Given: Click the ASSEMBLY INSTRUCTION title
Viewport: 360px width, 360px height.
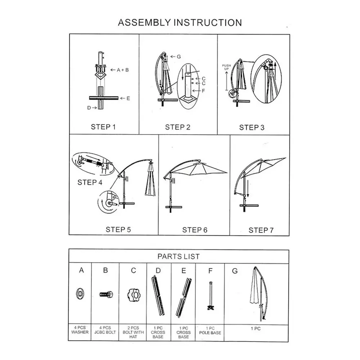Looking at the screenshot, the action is click(x=180, y=23).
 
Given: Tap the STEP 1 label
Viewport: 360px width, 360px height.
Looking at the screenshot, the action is click(x=103, y=127).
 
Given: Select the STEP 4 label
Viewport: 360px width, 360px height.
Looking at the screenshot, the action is click(x=90, y=183).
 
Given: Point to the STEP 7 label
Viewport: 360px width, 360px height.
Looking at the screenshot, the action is click(x=261, y=230).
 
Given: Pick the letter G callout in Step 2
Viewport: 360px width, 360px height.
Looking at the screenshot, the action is click(x=179, y=57).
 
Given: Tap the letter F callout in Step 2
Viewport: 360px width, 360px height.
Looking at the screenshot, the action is click(x=203, y=91).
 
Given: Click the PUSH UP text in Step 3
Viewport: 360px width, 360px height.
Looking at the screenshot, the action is click(x=226, y=67).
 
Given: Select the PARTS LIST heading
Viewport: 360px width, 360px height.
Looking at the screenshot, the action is click(x=179, y=256).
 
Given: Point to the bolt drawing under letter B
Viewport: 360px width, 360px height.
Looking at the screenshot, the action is click(x=106, y=294).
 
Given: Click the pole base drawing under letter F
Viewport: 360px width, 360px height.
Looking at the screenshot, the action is click(x=211, y=296).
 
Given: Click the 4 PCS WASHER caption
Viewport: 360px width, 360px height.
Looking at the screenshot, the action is click(x=80, y=330).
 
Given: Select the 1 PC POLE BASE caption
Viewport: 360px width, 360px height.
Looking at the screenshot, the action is click(x=210, y=330).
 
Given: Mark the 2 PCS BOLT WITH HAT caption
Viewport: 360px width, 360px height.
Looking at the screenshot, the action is click(x=133, y=332).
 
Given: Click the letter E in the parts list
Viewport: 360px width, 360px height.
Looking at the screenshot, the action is click(x=184, y=271).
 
